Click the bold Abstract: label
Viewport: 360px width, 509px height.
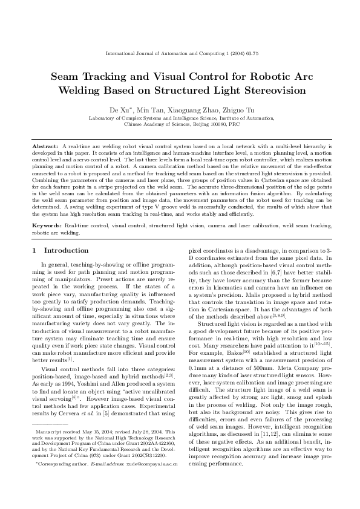click(x=45, y=147)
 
